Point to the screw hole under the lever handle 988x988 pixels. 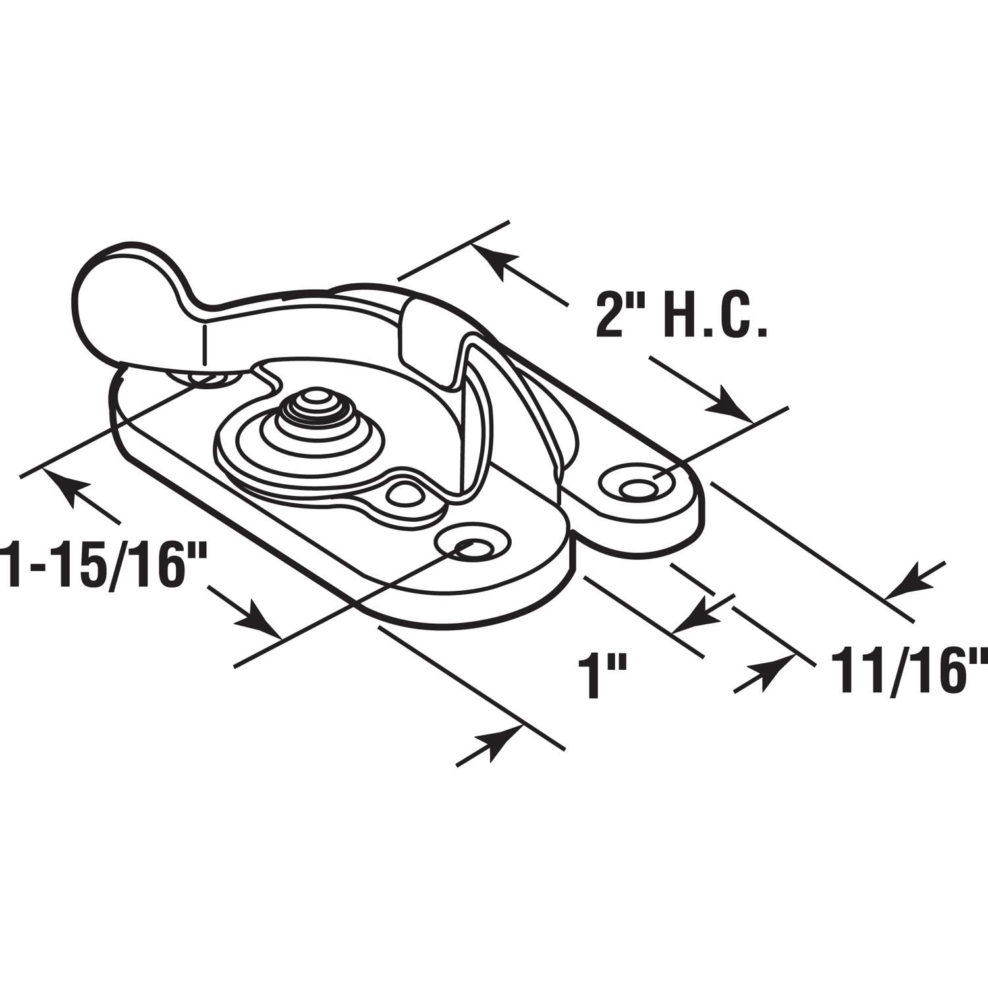207,379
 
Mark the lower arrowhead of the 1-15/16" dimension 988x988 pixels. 260,626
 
